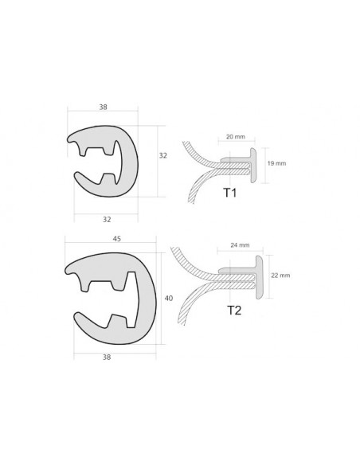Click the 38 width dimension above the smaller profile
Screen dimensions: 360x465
pos(103,107)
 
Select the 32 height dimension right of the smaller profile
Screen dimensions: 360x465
pos(162,155)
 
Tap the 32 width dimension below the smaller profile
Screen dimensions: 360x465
pos(107,220)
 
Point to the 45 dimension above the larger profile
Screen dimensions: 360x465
pos(117,239)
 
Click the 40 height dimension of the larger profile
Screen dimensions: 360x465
pos(168,299)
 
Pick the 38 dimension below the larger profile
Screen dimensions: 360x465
pos(107,358)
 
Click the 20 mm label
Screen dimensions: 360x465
pos(236,137)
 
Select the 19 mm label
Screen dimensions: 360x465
pos(276,163)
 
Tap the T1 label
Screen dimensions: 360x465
pos(230,193)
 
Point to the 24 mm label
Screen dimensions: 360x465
pos(240,245)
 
